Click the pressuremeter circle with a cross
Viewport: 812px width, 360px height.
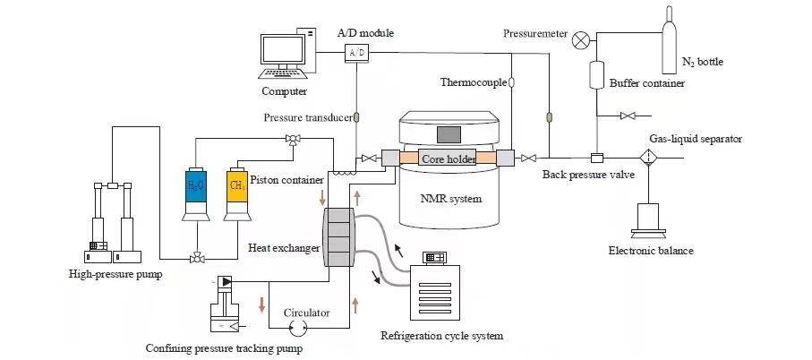[583, 39]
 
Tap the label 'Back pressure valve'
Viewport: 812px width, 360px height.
[588, 175]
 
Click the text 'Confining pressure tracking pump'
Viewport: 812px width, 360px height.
[223, 347]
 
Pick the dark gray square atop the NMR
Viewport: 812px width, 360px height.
[448, 133]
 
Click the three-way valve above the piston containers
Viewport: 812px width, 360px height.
[290, 138]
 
